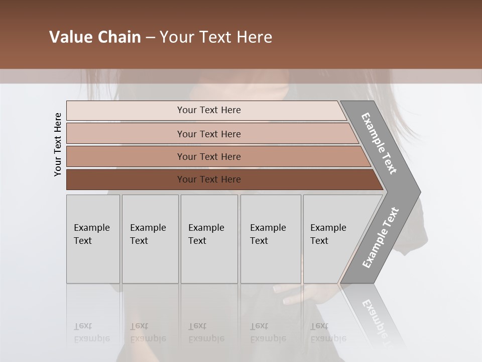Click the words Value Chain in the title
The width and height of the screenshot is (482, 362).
[x=95, y=37]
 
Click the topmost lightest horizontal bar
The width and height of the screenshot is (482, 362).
[x=126, y=110]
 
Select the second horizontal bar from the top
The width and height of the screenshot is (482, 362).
[x=126, y=134]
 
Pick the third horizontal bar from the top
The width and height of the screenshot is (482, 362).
[x=126, y=156]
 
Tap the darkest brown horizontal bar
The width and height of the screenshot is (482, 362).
[x=126, y=179]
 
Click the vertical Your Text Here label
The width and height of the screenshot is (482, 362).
[x=58, y=145]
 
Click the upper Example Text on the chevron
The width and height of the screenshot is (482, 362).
[x=379, y=143]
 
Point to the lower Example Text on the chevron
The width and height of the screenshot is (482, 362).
[x=380, y=238]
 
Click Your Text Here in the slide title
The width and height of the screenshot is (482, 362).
[x=216, y=37]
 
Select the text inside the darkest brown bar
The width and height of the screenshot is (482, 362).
[x=209, y=179]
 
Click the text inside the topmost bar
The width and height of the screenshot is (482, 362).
[x=209, y=110]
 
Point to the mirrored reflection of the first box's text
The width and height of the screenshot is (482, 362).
[x=91, y=333]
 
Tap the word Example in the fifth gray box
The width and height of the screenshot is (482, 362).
[x=328, y=227]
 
